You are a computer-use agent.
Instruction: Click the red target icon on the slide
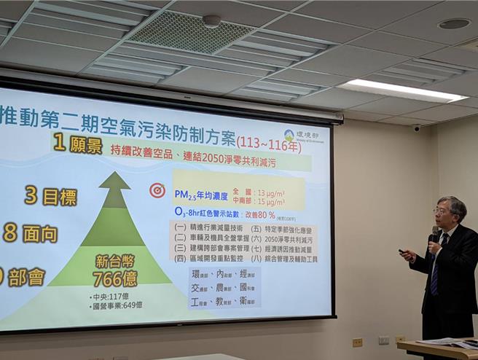click(157, 190)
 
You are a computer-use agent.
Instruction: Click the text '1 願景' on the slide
click(77, 144)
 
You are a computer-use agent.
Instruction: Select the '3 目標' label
click(50, 195)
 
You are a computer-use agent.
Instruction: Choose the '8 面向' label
click(30, 233)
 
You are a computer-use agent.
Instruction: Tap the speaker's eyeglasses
click(442, 211)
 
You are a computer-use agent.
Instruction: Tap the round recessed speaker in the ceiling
click(454, 23)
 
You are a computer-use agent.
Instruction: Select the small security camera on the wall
click(417, 128)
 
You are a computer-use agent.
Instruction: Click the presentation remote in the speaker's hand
click(403, 252)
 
